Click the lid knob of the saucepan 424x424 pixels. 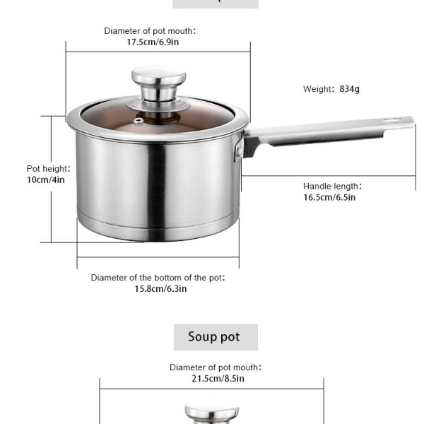click(159, 83)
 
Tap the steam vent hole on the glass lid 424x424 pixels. click(139, 121)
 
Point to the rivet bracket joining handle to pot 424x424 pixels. click(239, 150)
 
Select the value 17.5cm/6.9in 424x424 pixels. click(153, 42)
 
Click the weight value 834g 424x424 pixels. click(349, 89)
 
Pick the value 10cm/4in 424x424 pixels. click(46, 179)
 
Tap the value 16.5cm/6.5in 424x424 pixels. click(329, 197)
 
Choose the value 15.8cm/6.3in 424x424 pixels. click(160, 289)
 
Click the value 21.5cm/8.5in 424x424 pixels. click(218, 379)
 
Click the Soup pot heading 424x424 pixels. click(214, 337)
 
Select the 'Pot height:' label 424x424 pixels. click(48, 169)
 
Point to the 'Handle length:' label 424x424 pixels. click(332, 187)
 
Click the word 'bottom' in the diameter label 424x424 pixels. click(167, 278)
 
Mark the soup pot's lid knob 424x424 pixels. click(212, 413)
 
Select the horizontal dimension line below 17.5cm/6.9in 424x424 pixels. click(158, 52)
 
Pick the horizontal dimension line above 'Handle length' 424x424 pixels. click(329, 176)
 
